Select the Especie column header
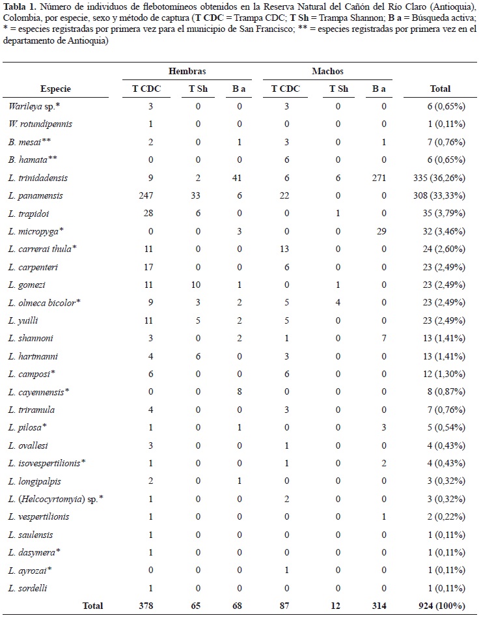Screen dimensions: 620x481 pos(55,89)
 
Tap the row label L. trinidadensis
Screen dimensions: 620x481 pos(38,177)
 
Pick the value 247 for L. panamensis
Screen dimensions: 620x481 pos(149,195)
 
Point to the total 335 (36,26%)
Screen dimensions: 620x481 pos(441,177)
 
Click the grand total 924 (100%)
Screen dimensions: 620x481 pos(441,606)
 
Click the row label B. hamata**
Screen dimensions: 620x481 pos(31,160)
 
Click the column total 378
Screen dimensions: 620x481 pos(149,606)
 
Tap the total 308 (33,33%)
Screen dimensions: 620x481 pos(441,195)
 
